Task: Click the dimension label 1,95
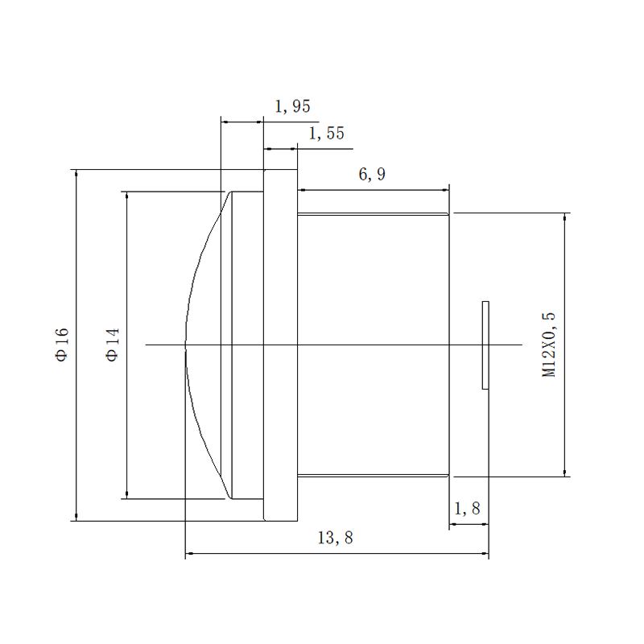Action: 292,106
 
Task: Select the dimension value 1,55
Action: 327,134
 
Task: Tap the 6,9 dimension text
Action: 372,174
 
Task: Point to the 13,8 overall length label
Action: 335,538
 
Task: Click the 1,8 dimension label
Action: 467,509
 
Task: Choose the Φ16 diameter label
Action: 62,345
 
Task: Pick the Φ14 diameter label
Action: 113,345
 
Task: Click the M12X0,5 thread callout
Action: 549,345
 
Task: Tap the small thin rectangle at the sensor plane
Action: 485,345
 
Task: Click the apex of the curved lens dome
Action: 186,345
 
